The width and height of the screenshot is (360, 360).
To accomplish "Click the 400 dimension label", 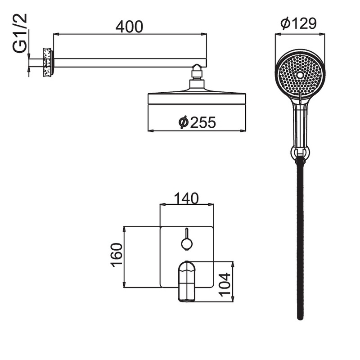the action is (129, 27).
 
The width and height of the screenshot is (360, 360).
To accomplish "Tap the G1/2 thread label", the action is (20, 33).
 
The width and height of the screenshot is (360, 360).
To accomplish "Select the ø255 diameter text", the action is (197, 122).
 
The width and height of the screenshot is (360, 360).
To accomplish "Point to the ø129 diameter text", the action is (298, 23).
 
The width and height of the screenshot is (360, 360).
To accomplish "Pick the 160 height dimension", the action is (117, 255).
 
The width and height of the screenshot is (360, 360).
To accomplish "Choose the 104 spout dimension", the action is (224, 284).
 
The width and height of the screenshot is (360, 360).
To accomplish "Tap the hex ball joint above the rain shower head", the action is (197, 71).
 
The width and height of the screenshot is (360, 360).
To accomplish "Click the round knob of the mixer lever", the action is (187, 244).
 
